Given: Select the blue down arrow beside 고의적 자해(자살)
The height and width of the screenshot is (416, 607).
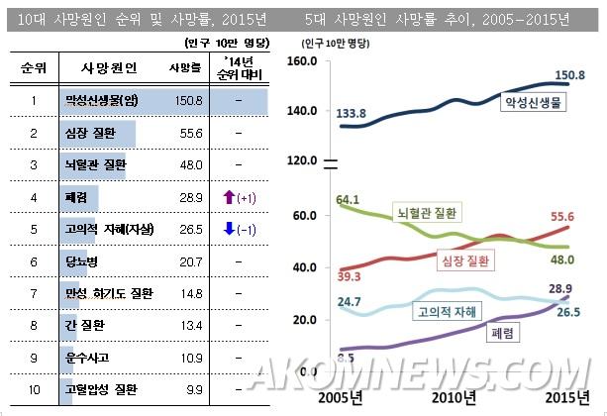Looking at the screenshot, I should (229, 229).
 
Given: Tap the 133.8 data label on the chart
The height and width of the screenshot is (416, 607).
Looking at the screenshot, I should (354, 113).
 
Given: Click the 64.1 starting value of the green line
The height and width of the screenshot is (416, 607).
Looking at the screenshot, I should (348, 198).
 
